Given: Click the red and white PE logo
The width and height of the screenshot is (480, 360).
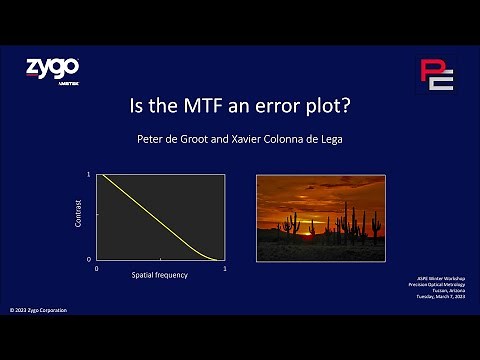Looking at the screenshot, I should (435, 75).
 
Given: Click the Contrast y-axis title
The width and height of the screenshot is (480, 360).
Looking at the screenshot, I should (79, 217).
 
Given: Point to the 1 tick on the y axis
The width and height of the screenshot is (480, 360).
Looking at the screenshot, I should (89, 175).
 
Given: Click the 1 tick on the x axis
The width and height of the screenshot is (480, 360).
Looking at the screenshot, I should (224, 268).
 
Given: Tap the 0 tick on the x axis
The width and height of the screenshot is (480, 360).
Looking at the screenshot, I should (96, 268).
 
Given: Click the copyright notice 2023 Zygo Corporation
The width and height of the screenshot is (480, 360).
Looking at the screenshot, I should (39, 310).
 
